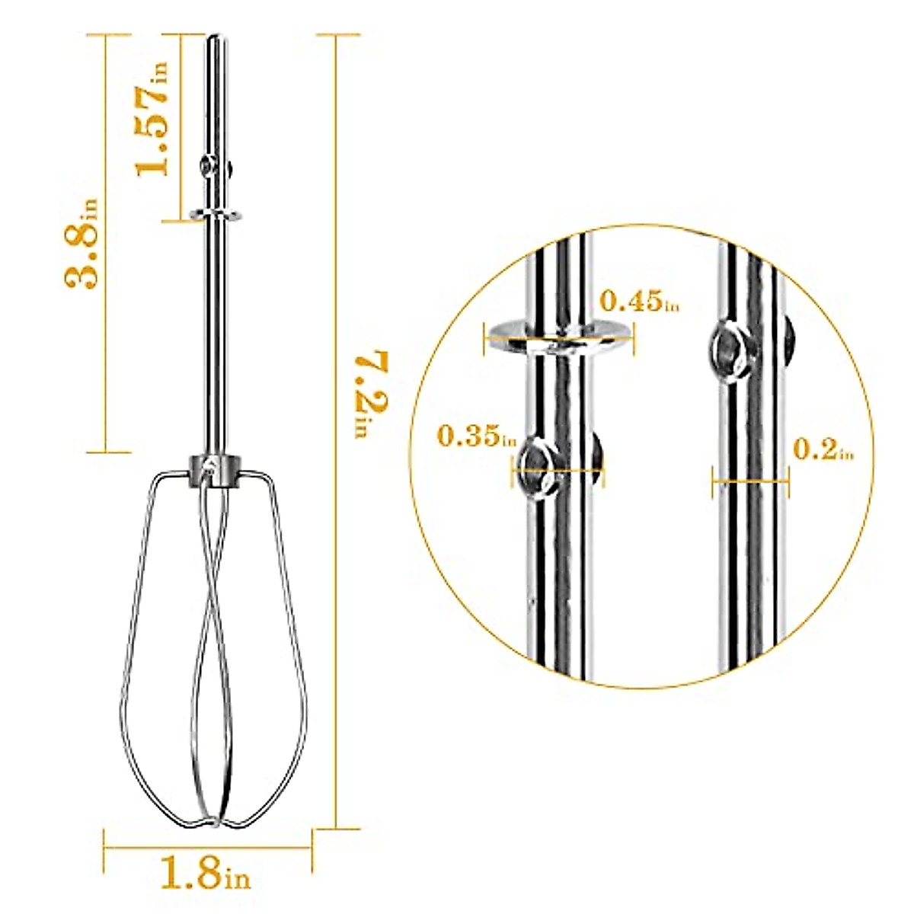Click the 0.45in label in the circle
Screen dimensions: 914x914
tap(638, 301)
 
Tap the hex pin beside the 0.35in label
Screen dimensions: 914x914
tap(535, 468)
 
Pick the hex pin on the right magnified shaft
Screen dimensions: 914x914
tap(730, 350)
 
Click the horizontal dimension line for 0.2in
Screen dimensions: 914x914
tap(750, 481)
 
